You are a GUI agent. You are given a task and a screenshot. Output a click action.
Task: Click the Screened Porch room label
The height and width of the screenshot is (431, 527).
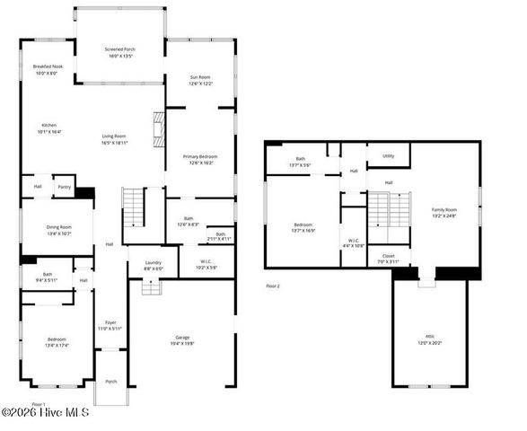[x=120, y=49]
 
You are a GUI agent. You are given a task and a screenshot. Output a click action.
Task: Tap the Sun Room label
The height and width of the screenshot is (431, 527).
[x=199, y=78]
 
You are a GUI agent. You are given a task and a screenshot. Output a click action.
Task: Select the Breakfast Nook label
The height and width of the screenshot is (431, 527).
[x=48, y=67]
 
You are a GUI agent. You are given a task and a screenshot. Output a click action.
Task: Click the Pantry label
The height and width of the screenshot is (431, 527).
[x=64, y=188]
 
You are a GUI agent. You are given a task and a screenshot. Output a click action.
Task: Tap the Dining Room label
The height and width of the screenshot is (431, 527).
[x=58, y=227]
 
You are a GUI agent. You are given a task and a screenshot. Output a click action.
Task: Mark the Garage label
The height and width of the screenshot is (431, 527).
[x=181, y=337]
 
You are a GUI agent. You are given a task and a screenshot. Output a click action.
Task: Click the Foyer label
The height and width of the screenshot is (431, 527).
[x=110, y=321]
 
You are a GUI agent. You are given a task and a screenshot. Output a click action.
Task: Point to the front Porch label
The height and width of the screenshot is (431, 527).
[x=111, y=382]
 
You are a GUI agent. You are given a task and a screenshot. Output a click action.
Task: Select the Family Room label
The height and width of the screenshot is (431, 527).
[x=444, y=209]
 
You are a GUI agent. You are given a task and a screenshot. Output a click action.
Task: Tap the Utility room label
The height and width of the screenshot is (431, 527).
[x=388, y=155]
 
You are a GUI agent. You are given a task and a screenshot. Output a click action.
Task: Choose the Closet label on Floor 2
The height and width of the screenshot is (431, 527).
[x=388, y=256]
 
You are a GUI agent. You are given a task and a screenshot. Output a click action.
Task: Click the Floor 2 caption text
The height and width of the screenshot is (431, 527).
[x=273, y=286]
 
